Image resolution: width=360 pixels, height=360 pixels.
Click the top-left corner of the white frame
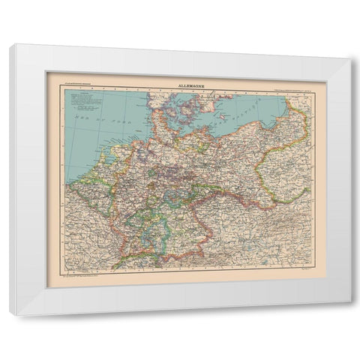click(x=11, y=45)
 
